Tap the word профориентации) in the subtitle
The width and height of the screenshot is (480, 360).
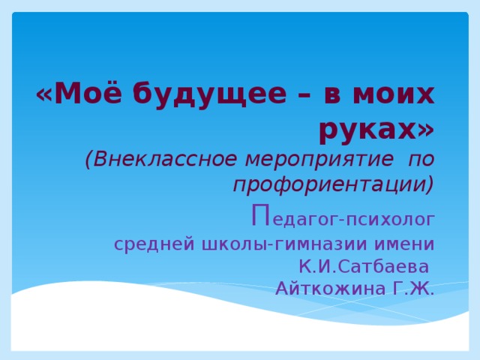pos(333,184)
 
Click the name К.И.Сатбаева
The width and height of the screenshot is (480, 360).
pos(363,266)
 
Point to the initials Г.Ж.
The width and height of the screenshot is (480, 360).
pos(412,288)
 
